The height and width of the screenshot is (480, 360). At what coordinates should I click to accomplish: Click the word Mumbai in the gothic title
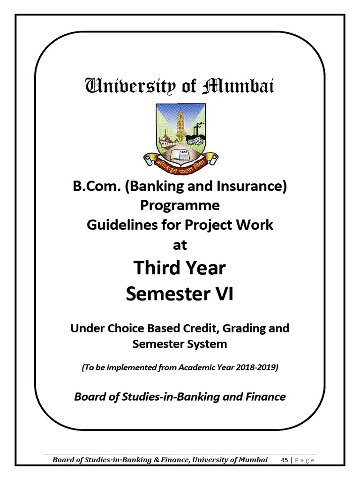pyautogui.click(x=239, y=87)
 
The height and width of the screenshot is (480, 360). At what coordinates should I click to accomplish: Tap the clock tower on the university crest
pyautogui.click(x=180, y=124)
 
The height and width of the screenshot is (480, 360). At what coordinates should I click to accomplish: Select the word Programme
pyautogui.click(x=180, y=206)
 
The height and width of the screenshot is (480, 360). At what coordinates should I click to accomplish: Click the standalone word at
pyautogui.click(x=180, y=245)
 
